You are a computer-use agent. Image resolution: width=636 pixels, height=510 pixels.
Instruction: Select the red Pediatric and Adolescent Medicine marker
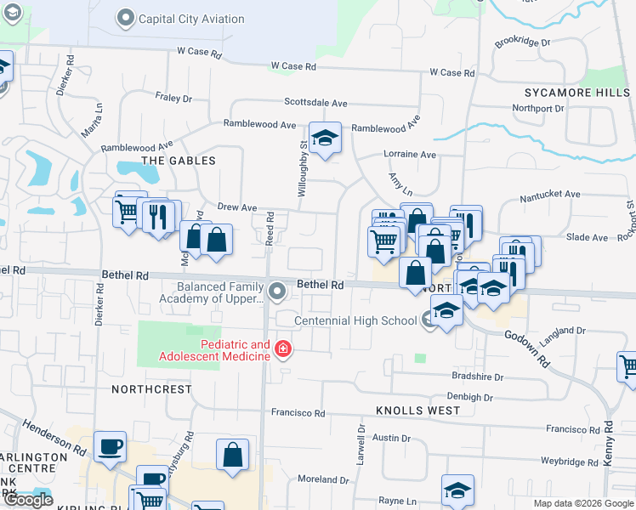282,350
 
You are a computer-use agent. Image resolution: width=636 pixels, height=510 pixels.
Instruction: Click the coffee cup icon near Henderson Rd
110,448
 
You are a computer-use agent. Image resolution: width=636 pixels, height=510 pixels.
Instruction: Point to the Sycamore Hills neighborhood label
575,92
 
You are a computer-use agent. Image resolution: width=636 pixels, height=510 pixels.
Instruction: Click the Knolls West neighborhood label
418,411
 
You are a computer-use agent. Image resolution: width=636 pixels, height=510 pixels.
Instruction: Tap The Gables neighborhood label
179,161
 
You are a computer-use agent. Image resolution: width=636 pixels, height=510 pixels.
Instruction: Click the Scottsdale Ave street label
315,103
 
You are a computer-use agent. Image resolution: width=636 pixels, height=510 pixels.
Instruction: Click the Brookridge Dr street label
523,41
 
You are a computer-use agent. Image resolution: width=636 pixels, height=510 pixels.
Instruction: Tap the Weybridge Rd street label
570,462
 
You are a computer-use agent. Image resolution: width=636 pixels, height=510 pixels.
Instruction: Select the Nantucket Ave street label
550,195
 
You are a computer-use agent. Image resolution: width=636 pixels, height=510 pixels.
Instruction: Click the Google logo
28,500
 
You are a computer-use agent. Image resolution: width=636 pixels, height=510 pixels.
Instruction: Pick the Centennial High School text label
355,320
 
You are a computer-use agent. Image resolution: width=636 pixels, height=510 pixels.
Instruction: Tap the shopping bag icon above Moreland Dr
232,456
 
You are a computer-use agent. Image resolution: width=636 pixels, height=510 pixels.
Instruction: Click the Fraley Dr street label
174,99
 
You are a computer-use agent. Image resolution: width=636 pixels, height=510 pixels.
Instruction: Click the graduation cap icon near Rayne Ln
457,490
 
